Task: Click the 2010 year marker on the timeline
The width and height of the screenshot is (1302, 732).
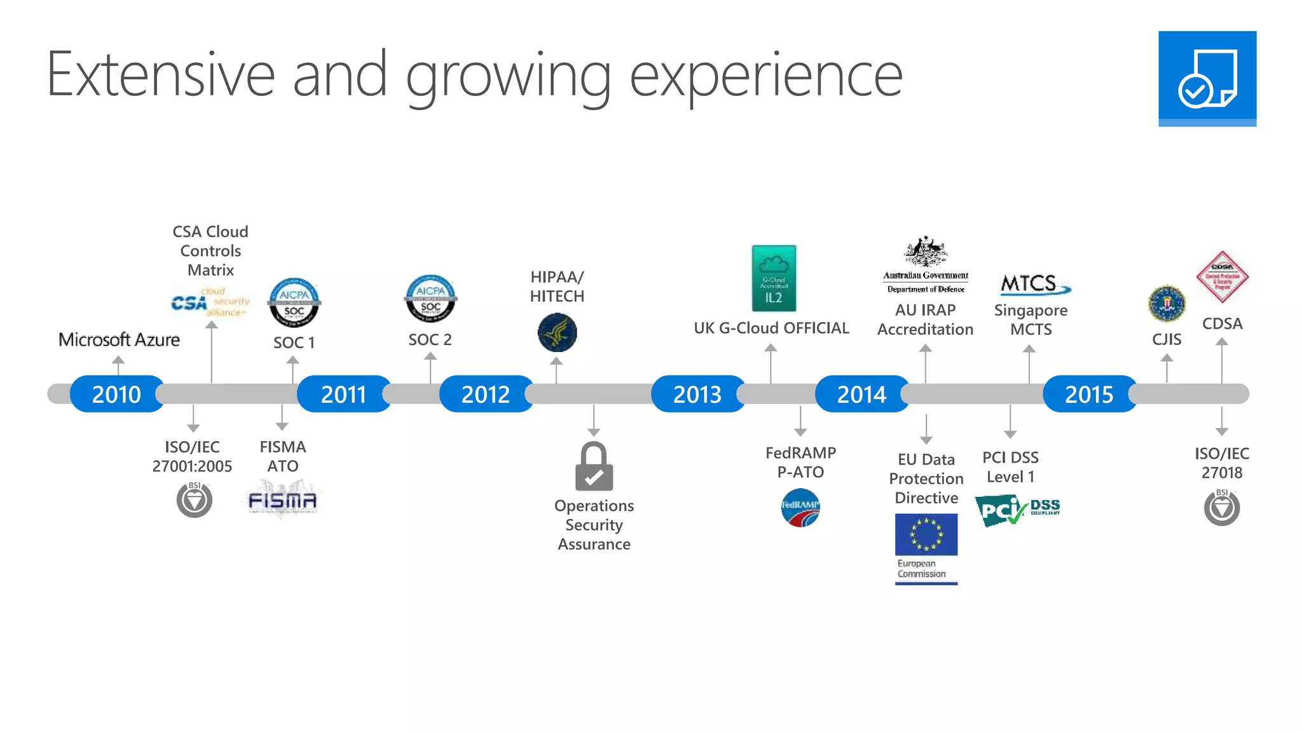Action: click(x=116, y=394)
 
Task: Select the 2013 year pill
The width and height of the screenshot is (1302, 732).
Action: click(x=697, y=394)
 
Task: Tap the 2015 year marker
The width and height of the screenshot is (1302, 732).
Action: click(x=1089, y=394)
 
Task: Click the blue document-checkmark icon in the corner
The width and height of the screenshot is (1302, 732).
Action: click(x=1207, y=78)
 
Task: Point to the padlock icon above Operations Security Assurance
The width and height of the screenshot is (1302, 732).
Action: click(x=594, y=466)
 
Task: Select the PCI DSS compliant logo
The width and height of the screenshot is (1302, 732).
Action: click(x=1017, y=510)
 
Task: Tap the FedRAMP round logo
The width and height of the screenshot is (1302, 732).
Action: click(x=800, y=507)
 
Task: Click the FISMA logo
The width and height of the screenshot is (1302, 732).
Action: click(x=282, y=501)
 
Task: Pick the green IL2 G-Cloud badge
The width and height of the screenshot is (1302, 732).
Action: click(x=774, y=278)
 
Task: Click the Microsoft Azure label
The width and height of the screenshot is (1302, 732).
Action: click(x=119, y=340)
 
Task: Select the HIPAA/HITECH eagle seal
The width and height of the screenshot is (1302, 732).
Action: click(x=557, y=332)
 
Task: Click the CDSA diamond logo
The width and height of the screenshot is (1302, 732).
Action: click(x=1222, y=277)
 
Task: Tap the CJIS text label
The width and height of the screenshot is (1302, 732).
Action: click(x=1167, y=339)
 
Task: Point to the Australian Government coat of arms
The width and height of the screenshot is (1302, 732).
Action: click(x=926, y=252)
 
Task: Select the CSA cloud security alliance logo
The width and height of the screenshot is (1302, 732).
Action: click(x=210, y=302)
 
